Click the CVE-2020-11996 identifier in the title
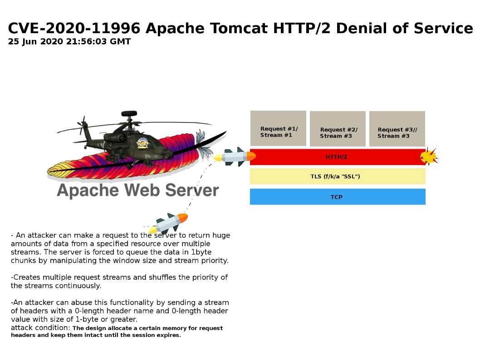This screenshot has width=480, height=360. pos(74,28)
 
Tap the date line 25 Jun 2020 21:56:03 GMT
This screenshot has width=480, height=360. pos(69,42)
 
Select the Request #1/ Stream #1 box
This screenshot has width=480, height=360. pos(278,128)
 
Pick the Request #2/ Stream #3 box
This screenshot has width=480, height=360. pos(338,129)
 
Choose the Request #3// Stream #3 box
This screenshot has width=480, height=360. pos(397,129)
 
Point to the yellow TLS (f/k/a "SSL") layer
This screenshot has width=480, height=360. pos(338,176)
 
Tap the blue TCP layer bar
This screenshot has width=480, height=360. pos(338,197)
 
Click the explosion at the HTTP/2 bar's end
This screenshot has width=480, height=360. pos(429,156)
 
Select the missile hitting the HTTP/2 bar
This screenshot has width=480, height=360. pos(235,156)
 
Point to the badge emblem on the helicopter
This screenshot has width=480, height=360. pos(142,143)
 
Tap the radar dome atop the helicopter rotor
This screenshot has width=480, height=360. pos(129,114)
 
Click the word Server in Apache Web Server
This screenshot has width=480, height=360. pos(192,190)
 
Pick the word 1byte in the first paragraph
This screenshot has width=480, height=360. pos(201,253)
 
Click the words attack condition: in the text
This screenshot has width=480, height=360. pos(40,327)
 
